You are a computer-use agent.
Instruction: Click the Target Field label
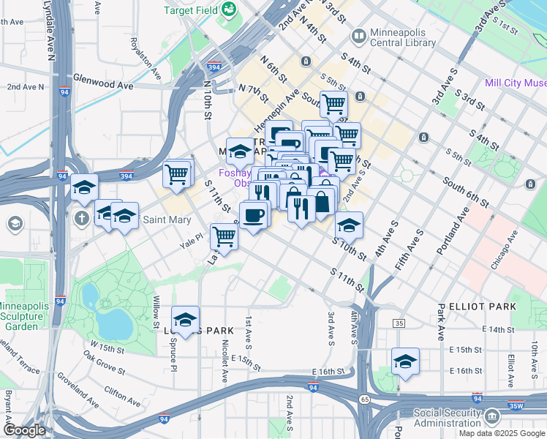pyautogui.click(x=190, y=10)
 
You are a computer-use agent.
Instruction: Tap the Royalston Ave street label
pyautogui.click(x=146, y=59)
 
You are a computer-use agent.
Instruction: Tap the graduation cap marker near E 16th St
pyautogui.click(x=405, y=361)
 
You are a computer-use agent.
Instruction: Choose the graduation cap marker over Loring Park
pyautogui.click(x=186, y=320)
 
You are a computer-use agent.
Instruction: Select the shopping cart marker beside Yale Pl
pyautogui.click(x=224, y=237)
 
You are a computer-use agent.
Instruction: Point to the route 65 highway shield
pyautogui.click(x=364, y=399)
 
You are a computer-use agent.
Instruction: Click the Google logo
pyautogui.click(x=25, y=430)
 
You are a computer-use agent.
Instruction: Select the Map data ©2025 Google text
pyautogui.click(x=501, y=433)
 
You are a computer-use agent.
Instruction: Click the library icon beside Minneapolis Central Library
pyautogui.click(x=359, y=35)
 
